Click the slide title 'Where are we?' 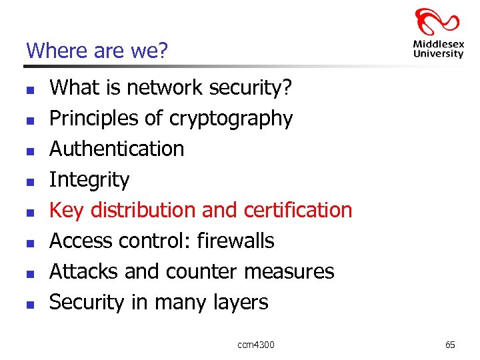tap(96, 51)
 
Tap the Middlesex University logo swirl tap(437, 23)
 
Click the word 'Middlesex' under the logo tap(438, 45)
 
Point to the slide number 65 tap(450, 345)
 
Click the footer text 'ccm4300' tap(255, 345)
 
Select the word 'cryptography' tap(231, 119)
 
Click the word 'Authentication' tap(117, 149)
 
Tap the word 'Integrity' tap(89, 179)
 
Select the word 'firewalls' tap(235, 241)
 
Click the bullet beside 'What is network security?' tap(29, 89)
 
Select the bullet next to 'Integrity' tap(29, 181)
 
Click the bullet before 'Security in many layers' tap(29, 303)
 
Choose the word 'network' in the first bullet tap(166, 87)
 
